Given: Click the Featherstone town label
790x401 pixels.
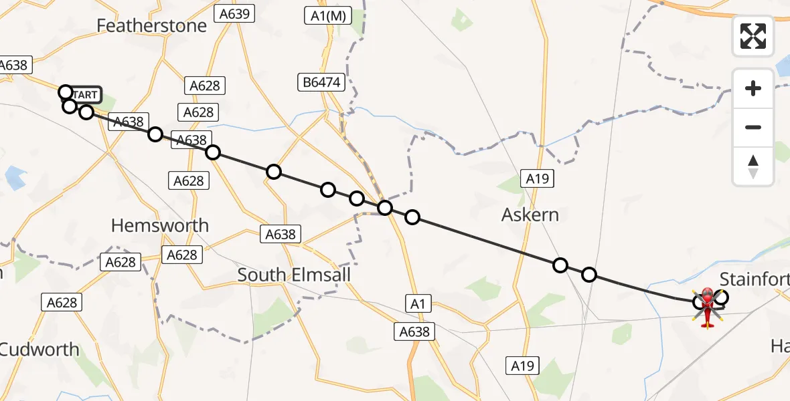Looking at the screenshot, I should pos(152,25).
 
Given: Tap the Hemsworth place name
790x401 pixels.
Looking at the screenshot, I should pos(160,226).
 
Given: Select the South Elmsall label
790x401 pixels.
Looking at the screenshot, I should pos(294,275).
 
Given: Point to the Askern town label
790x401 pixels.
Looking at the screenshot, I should pos(530,215).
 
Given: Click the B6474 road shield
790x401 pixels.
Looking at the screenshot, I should pos(321,83).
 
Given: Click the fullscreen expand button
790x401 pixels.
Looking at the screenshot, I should pos(753,36).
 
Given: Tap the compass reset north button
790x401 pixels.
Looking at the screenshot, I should pos(753,166).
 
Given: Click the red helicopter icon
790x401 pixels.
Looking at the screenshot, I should pos(708,307).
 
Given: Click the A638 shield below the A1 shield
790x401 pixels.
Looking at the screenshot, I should pos(415,331).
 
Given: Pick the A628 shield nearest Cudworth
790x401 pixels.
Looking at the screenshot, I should pos(62,303).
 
